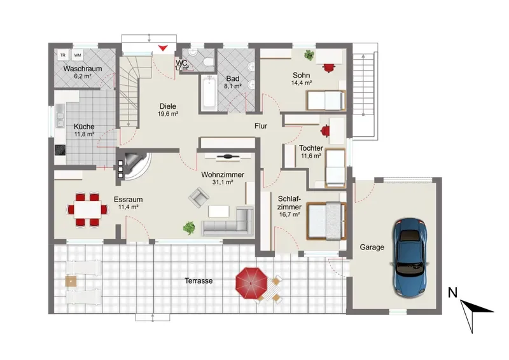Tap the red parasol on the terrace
pyautogui.click(x=251, y=284)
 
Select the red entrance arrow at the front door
pyautogui.click(x=163, y=48)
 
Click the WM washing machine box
pyautogui.click(x=78, y=55)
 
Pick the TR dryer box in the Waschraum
pyautogui.click(x=62, y=55)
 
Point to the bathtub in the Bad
pyautogui.click(x=209, y=93)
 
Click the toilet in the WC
pyautogui.click(x=209, y=62)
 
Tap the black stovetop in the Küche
pyautogui.click(x=60, y=150)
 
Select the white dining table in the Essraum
pyautogui.click(x=87, y=210)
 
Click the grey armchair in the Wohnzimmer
pyautogui.click(x=199, y=197)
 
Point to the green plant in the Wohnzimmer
pyautogui.click(x=188, y=228)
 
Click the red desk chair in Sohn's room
pyautogui.click(x=329, y=67)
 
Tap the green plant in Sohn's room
pyautogui.click(x=309, y=55)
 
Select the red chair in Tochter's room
pyautogui.click(x=325, y=131)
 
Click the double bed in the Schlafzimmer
pyautogui.click(x=326, y=221)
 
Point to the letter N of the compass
pyautogui.click(x=452, y=293)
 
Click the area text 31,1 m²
pyautogui.click(x=223, y=183)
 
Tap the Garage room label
pyautogui.click(x=372, y=247)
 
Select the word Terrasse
pyautogui.click(x=199, y=280)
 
